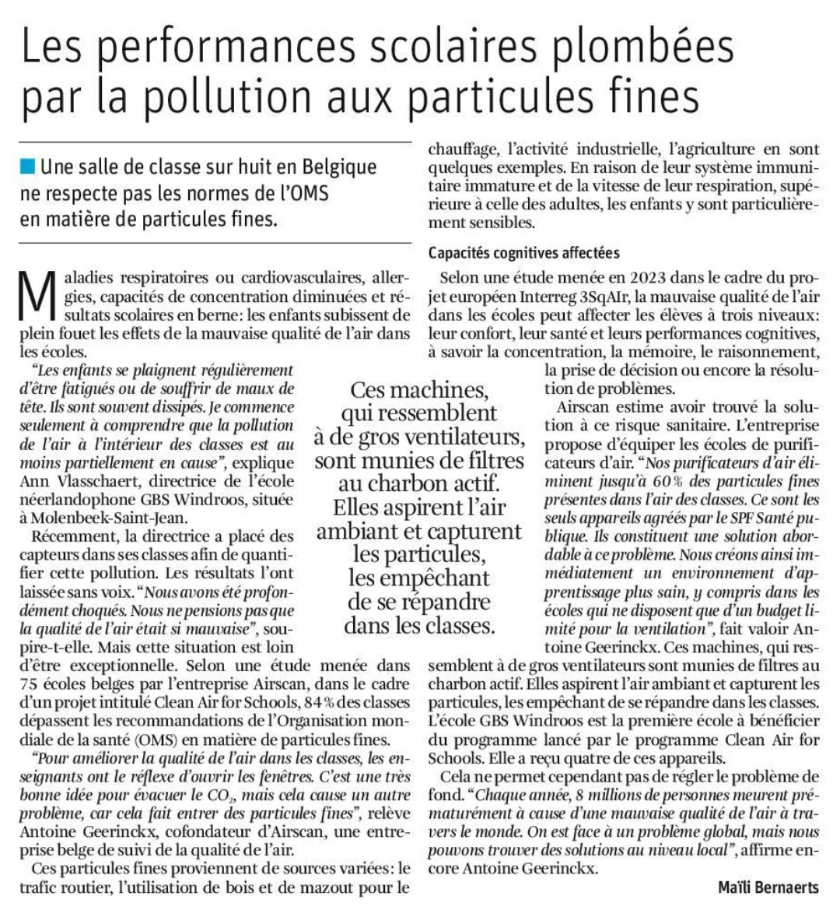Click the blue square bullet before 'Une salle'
point(28,165)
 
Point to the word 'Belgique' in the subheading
point(339,166)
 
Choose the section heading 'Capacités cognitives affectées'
point(523,252)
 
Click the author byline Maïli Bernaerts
point(768,887)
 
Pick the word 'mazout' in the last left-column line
point(338,887)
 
